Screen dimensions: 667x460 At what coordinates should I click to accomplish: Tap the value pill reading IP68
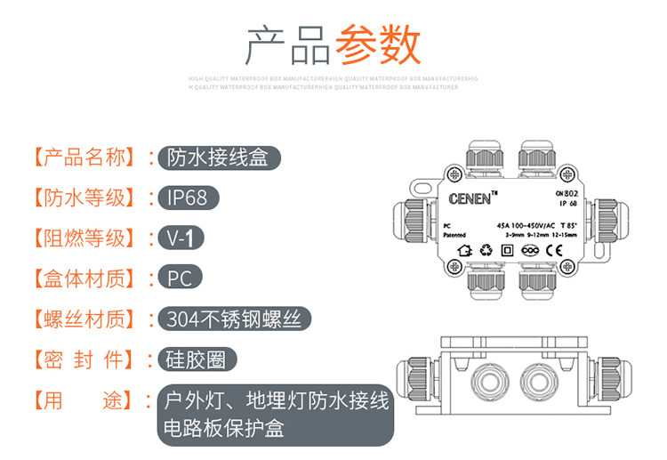coord(187,197)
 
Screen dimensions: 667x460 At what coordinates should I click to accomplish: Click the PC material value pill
coord(180,278)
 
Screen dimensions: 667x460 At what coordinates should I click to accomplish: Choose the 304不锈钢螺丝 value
coord(238,319)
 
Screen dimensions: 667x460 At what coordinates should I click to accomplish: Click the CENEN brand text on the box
coord(470,198)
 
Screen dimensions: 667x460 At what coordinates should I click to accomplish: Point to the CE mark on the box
coord(552,250)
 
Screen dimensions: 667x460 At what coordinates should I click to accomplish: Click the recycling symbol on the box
coord(486,250)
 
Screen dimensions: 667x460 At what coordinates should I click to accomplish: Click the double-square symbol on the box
coord(508,250)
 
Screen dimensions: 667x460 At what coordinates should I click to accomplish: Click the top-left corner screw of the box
coord(455,174)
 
